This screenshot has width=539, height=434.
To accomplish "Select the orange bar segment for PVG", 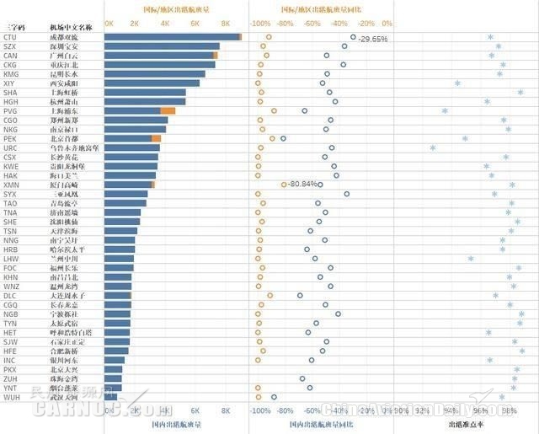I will click(x=168, y=110).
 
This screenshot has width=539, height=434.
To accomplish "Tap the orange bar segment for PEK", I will click(x=156, y=138).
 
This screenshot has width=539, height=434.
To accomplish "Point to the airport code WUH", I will click(x=12, y=396).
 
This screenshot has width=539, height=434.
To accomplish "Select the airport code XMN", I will click(x=12, y=185).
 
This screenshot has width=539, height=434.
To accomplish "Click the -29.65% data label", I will click(x=372, y=40).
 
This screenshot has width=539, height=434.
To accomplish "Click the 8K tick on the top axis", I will click(x=225, y=24).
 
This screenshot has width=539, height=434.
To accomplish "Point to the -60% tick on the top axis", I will click(x=312, y=24).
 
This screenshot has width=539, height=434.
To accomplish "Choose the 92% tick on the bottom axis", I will click(x=422, y=412).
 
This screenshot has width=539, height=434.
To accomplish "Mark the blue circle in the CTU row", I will click(x=353, y=37).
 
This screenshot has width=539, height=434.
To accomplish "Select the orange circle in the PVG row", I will click(x=274, y=110).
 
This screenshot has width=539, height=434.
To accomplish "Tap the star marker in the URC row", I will click(x=433, y=147).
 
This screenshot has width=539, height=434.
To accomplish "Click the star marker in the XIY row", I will click(x=457, y=83).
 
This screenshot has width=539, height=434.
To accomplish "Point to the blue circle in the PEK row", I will click(x=283, y=138).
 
